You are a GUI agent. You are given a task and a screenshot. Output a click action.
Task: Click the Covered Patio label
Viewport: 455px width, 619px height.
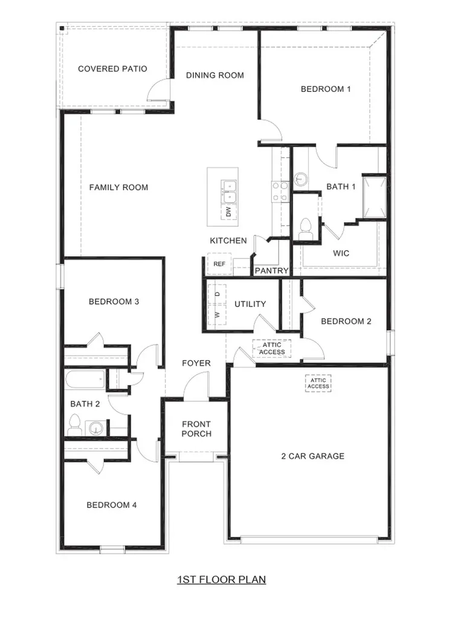tap(112, 69)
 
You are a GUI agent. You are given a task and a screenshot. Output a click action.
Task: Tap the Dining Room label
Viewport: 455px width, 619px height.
tap(215, 75)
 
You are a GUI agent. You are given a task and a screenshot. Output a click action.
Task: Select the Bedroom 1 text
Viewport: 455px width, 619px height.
tap(326, 89)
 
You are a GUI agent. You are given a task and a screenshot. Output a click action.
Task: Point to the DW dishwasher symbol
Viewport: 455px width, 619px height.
tap(228, 212)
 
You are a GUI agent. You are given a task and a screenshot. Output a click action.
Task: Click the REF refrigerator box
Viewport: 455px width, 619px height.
tap(219, 264)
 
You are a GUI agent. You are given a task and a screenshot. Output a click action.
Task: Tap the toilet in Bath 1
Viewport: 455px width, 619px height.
tap(306, 228)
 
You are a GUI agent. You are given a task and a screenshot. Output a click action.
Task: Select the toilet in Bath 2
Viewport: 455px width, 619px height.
tap(74, 425)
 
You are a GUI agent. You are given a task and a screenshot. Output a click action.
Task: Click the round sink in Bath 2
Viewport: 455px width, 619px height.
tap(96, 428)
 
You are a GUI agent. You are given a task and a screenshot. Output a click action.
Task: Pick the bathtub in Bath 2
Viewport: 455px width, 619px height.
tap(85, 380)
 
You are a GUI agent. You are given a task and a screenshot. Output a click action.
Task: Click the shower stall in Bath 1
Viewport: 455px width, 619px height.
tap(374, 198)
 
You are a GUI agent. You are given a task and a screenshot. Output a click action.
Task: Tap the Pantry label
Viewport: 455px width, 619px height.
tap(271, 270)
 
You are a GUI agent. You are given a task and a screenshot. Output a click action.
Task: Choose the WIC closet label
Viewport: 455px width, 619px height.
tap(341, 253)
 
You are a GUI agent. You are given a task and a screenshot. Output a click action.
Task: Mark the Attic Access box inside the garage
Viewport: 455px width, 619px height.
tap(318, 383)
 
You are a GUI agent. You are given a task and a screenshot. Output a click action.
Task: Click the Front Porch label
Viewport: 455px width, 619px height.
tap(196, 429)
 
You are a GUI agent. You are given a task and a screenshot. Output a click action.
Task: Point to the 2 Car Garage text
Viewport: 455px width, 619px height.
tap(313, 456)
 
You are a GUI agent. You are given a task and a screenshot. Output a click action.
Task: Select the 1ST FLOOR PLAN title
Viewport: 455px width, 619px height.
tap(221, 580)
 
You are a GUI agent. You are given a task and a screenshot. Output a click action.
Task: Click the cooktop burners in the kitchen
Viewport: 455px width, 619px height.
tap(280, 192)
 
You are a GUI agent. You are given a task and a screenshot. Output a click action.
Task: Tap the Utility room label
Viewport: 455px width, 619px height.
tap(250, 304)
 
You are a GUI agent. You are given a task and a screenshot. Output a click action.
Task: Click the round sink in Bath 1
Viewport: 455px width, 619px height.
tap(300, 179)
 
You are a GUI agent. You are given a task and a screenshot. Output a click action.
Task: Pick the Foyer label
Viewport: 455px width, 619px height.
tap(196, 363)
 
